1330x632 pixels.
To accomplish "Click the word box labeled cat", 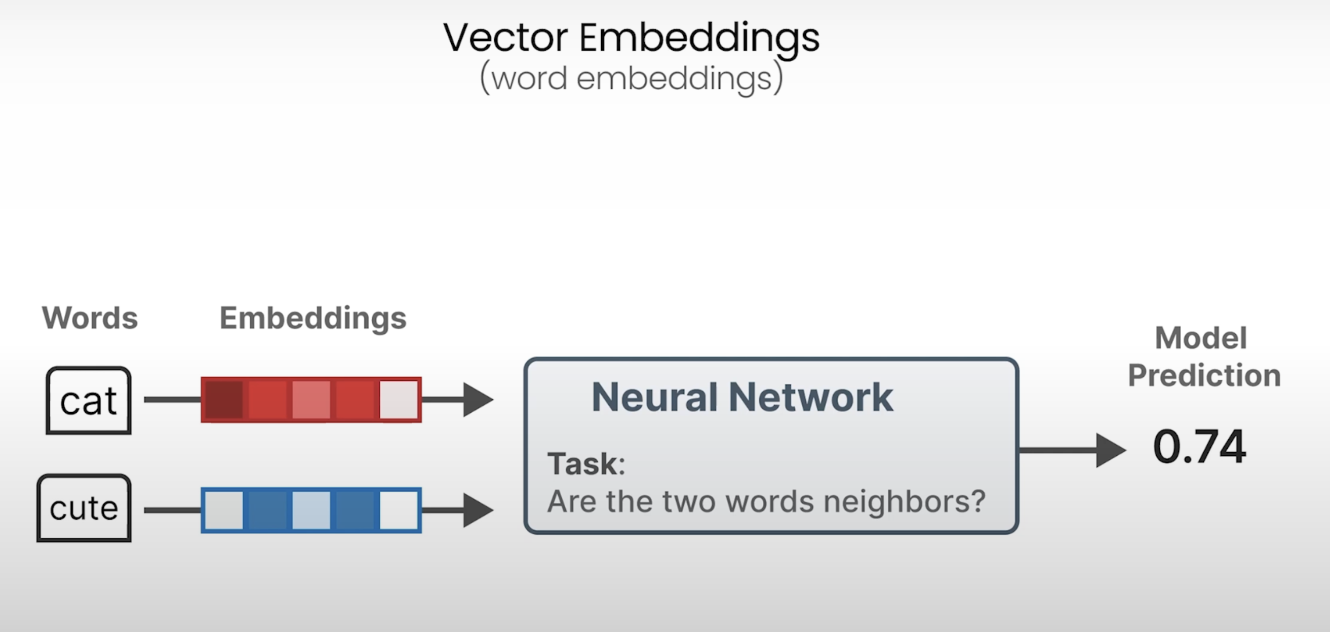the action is [x=89, y=401].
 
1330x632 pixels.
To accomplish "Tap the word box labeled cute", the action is [x=84, y=508].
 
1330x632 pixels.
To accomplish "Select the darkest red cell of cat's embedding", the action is [x=224, y=400].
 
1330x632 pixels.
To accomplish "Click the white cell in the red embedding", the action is [x=399, y=400].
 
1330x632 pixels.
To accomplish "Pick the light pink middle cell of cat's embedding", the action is [x=311, y=400].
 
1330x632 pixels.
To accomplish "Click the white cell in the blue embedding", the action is [x=399, y=510].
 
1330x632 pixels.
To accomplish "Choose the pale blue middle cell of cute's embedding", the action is [x=311, y=510].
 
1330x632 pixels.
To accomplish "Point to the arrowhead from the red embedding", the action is [x=478, y=400].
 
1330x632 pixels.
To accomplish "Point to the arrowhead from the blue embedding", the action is [x=478, y=510].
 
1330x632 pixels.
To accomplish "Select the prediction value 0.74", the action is [x=1199, y=447].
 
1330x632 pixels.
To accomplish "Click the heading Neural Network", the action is [x=742, y=397].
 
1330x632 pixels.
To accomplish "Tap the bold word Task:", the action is [x=586, y=464].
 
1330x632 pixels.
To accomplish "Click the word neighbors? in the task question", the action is [x=904, y=501].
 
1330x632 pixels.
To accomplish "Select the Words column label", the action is [x=90, y=318].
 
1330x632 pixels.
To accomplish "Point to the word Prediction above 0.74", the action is [x=1204, y=375].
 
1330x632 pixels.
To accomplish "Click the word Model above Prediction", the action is [x=1201, y=338].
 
